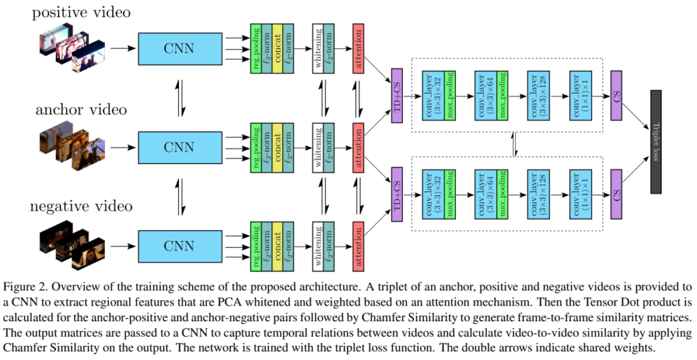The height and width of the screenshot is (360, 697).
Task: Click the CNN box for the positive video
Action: [178, 48]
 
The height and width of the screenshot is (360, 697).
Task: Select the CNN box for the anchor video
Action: [178, 146]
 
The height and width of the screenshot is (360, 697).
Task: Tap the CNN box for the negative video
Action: [178, 245]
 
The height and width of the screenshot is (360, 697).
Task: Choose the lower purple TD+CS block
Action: [398, 195]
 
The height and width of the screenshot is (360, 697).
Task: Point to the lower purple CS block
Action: [617, 195]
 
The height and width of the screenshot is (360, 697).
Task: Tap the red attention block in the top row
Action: [358, 48]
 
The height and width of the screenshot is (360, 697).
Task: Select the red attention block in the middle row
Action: [358, 146]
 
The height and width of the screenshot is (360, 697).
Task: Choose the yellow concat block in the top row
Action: [278, 48]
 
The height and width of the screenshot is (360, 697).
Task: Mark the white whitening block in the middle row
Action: [318, 146]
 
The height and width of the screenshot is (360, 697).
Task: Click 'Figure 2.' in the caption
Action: [25, 284]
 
